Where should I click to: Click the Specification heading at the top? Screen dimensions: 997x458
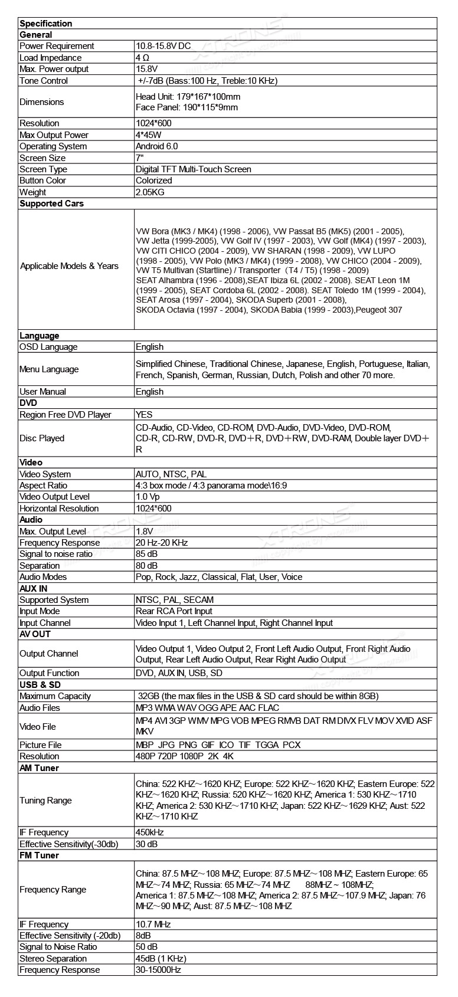(x=46, y=24)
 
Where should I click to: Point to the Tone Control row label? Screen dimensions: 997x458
(x=44, y=81)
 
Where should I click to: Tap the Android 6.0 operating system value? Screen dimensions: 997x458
(x=156, y=146)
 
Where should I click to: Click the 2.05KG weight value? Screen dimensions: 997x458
(x=150, y=192)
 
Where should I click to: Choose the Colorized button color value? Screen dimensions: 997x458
(x=154, y=181)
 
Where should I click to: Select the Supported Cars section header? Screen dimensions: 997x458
(x=51, y=204)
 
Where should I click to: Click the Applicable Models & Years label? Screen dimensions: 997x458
(x=69, y=266)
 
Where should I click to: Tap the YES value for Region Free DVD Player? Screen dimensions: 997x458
(x=144, y=415)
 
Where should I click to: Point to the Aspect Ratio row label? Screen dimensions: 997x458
(x=43, y=486)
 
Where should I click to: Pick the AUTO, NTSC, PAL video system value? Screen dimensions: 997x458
(x=171, y=474)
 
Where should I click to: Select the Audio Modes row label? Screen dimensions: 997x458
(x=43, y=577)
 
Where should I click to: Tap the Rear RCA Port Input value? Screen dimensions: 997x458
(x=174, y=611)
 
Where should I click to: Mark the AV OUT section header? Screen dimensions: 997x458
(x=35, y=634)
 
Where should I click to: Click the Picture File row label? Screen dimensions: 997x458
(x=40, y=745)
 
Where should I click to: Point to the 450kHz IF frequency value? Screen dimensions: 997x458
(x=150, y=832)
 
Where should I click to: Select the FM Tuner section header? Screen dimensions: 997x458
(x=39, y=855)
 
